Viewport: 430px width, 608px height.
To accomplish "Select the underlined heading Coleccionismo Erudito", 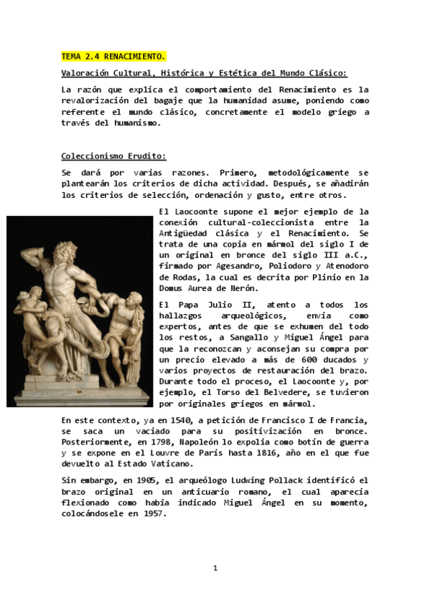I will (113, 156).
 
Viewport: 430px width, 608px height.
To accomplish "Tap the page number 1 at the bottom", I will (215, 568).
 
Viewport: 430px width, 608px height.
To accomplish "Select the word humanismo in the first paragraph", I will (130, 123).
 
